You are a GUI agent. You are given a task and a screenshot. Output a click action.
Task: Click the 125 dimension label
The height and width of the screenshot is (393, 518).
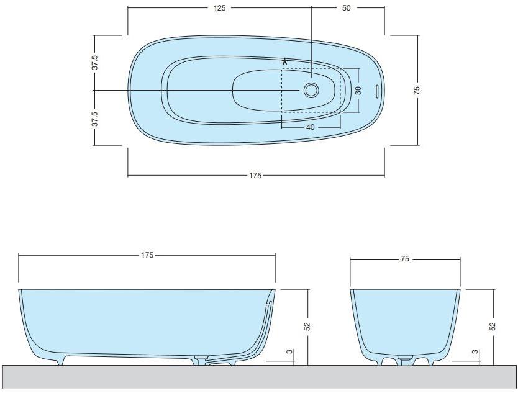(x=219, y=8)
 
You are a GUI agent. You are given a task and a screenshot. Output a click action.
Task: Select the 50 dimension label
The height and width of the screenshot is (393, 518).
(x=347, y=8)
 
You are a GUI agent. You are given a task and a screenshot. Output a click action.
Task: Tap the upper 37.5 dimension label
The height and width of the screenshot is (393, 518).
(x=94, y=63)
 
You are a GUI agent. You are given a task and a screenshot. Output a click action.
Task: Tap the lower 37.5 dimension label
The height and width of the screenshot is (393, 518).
(x=94, y=119)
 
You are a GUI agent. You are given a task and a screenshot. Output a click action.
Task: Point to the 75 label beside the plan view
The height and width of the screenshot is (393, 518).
(x=417, y=90)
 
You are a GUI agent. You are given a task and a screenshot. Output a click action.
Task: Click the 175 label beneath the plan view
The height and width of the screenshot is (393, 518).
(x=255, y=176)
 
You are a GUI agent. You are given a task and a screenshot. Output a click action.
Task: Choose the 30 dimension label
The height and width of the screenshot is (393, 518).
(x=358, y=89)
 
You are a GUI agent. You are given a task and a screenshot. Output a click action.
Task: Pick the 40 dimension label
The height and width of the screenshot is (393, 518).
(x=311, y=127)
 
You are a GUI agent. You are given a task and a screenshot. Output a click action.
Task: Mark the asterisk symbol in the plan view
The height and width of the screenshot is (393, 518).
(x=285, y=61)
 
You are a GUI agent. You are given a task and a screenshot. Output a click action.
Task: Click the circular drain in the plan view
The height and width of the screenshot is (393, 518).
(x=311, y=91)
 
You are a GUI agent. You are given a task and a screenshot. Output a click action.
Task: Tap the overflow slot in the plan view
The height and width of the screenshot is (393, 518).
(x=376, y=91)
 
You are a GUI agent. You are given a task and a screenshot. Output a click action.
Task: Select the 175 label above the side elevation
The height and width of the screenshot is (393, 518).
(x=147, y=255)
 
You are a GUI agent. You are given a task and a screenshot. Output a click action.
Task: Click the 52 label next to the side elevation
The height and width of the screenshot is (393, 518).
(x=307, y=326)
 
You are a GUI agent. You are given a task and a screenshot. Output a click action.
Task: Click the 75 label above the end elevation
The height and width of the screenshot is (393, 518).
(x=404, y=260)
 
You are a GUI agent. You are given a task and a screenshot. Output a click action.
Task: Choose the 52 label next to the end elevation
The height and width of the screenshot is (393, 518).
(x=493, y=326)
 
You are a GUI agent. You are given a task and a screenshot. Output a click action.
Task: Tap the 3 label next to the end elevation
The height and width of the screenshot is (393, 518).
(x=475, y=352)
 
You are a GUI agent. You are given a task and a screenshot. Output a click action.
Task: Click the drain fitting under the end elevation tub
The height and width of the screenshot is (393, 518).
(x=405, y=359)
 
